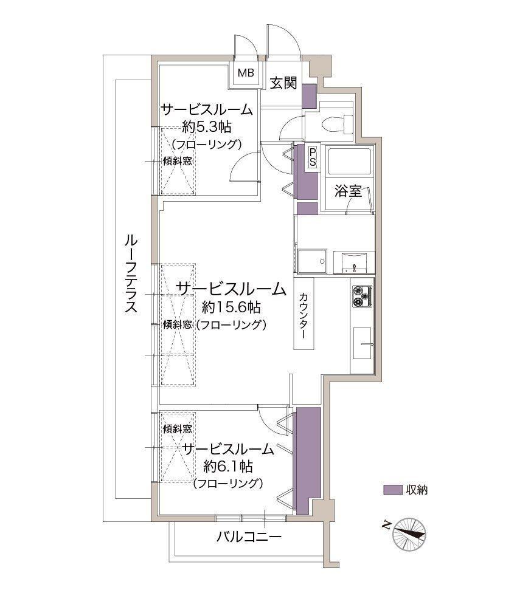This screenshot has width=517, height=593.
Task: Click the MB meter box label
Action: point(246,72)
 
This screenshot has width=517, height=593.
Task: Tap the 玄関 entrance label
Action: point(283,83)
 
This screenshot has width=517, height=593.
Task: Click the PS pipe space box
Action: point(313,157)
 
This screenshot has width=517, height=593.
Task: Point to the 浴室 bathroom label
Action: point(348,191)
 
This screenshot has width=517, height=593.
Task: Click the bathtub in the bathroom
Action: point(348,161)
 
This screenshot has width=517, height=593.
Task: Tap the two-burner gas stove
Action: point(362,296)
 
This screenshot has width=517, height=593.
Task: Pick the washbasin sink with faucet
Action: point(354,262)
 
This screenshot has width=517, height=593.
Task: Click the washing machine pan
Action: point(312,261)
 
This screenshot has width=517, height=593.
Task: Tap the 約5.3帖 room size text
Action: point(207,127)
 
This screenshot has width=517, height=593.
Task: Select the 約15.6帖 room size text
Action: point(231,307)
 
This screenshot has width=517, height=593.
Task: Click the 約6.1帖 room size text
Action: point(228,466)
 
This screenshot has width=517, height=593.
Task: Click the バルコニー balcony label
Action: point(249,536)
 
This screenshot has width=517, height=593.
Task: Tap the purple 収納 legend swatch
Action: point(392,490)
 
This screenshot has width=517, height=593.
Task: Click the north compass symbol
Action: point(409,533)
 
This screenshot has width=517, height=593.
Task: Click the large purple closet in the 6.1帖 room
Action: point(308,461)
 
